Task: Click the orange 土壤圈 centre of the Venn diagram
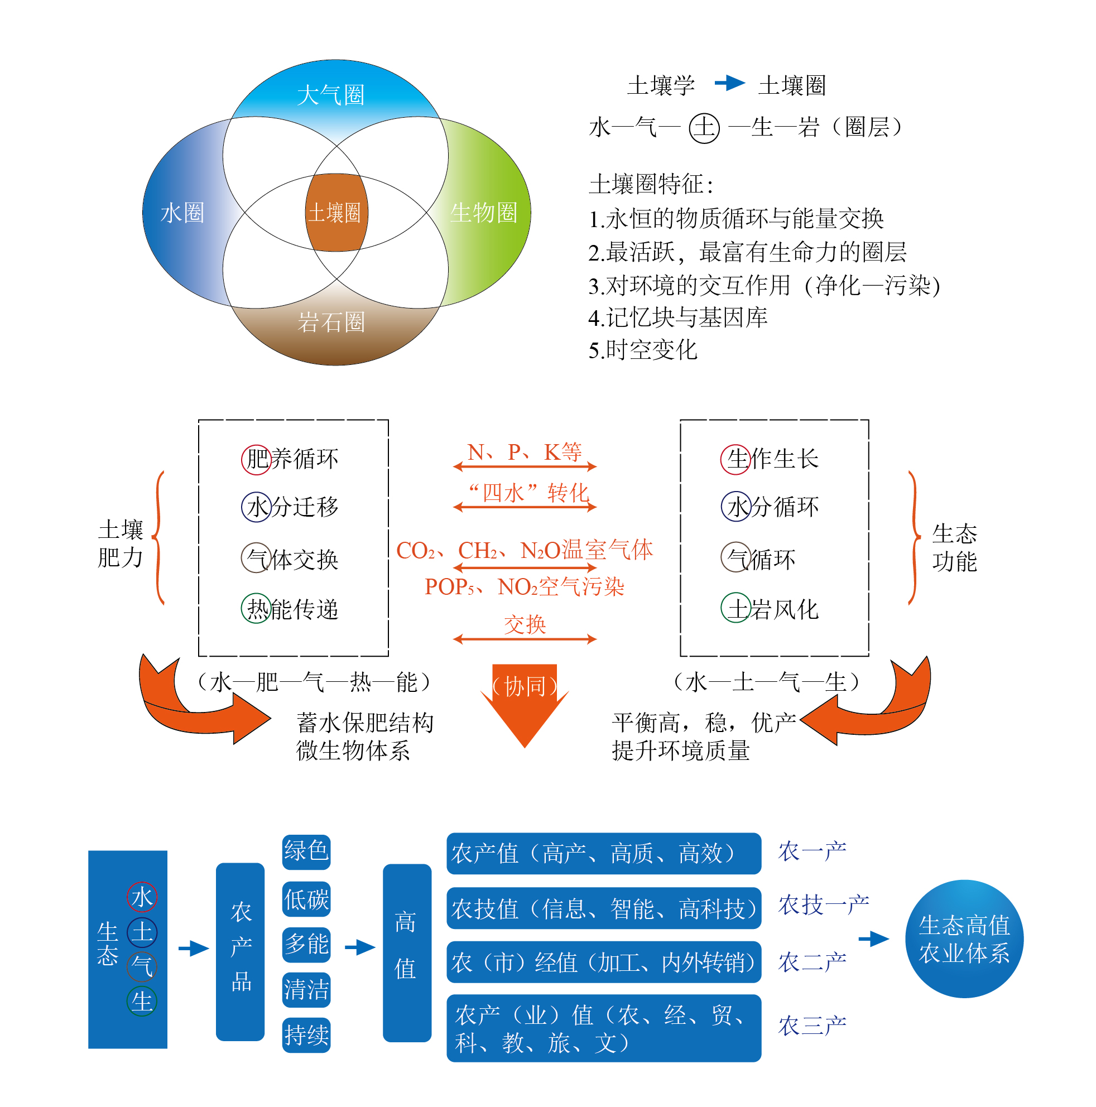tap(336, 213)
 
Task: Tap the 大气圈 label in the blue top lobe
tap(330, 95)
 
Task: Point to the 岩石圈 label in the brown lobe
tap(330, 322)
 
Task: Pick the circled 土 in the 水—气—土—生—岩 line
tap(704, 127)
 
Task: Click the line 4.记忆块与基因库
tap(677, 317)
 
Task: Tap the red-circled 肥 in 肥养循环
tap(256, 459)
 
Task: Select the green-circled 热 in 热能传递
tap(256, 609)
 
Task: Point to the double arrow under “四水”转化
tap(524, 507)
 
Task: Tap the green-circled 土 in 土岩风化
tap(735, 608)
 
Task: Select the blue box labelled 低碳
tap(306, 899)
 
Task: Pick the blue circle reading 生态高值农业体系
tap(964, 938)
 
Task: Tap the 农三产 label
tap(811, 1025)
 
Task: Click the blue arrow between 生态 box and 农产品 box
tap(193, 948)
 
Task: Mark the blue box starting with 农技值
tap(603, 908)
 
